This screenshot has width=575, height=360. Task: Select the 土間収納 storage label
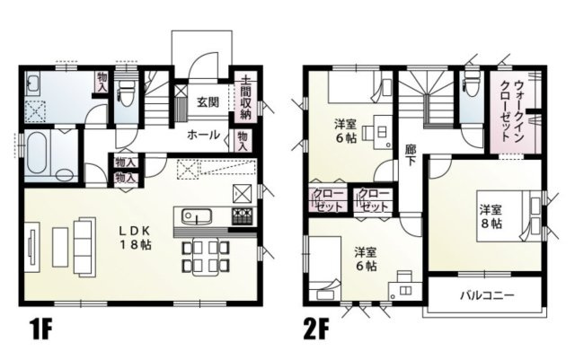point(245,100)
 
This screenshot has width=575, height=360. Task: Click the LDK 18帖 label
point(136,236)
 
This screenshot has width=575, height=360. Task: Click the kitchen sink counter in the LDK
point(199,216)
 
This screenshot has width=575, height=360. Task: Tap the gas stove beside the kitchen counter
point(243,216)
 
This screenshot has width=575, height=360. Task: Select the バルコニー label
point(486,294)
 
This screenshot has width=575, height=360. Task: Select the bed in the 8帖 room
point(525,215)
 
